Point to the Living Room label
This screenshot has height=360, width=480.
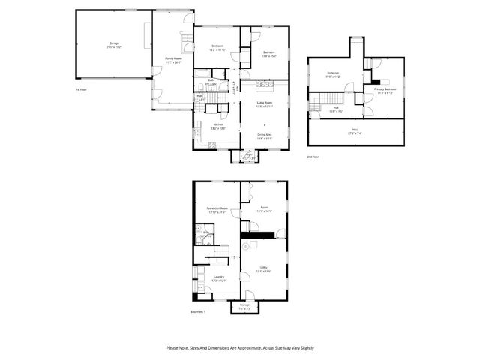coord(265,104)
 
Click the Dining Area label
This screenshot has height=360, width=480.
coord(265,136)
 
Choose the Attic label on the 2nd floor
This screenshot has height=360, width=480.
coord(355,131)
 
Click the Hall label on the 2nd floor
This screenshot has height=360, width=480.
coord(335,109)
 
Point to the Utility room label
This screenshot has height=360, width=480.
coord(264,268)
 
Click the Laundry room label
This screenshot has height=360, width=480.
coord(218,278)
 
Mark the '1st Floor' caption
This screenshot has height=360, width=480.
coord(81,90)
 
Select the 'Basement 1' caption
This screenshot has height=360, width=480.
coord(197,313)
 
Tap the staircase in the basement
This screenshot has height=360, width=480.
coord(216,252)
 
